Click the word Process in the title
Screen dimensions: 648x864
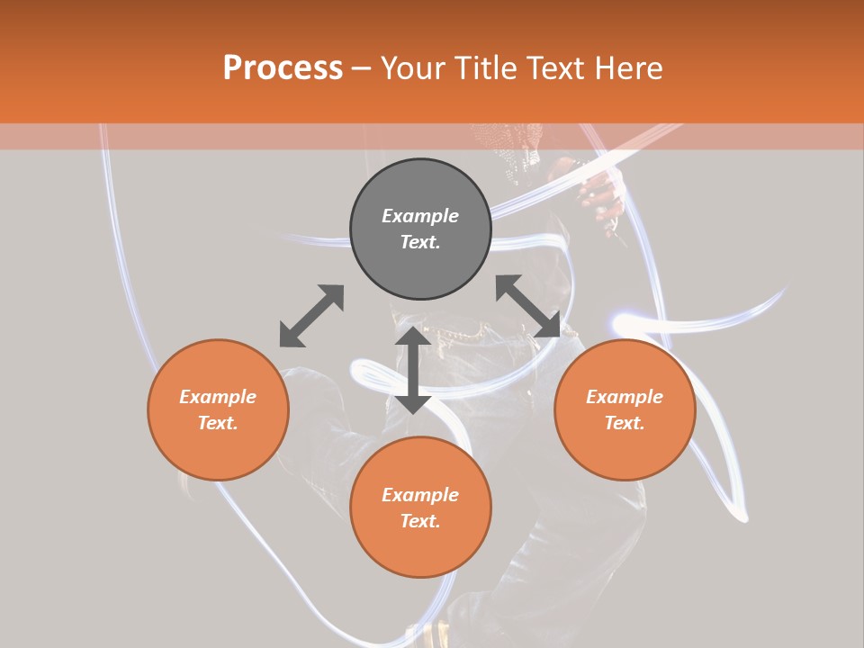[x=283, y=68]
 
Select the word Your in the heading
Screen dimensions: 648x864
[x=413, y=68]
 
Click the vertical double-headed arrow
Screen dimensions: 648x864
[x=413, y=370]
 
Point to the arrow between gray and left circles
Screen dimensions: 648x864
[x=311, y=316]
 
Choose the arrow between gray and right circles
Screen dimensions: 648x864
[x=528, y=307]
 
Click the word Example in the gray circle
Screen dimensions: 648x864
[x=420, y=216]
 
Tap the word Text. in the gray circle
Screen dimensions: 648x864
[x=420, y=242]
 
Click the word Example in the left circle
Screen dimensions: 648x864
[x=218, y=397]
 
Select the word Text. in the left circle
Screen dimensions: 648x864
[x=218, y=423]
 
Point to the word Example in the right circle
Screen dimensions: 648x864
[x=625, y=397]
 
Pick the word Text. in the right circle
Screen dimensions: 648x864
[x=625, y=423]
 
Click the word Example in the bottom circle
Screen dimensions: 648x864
[x=420, y=495]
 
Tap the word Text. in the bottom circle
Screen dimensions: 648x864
[x=420, y=521]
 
